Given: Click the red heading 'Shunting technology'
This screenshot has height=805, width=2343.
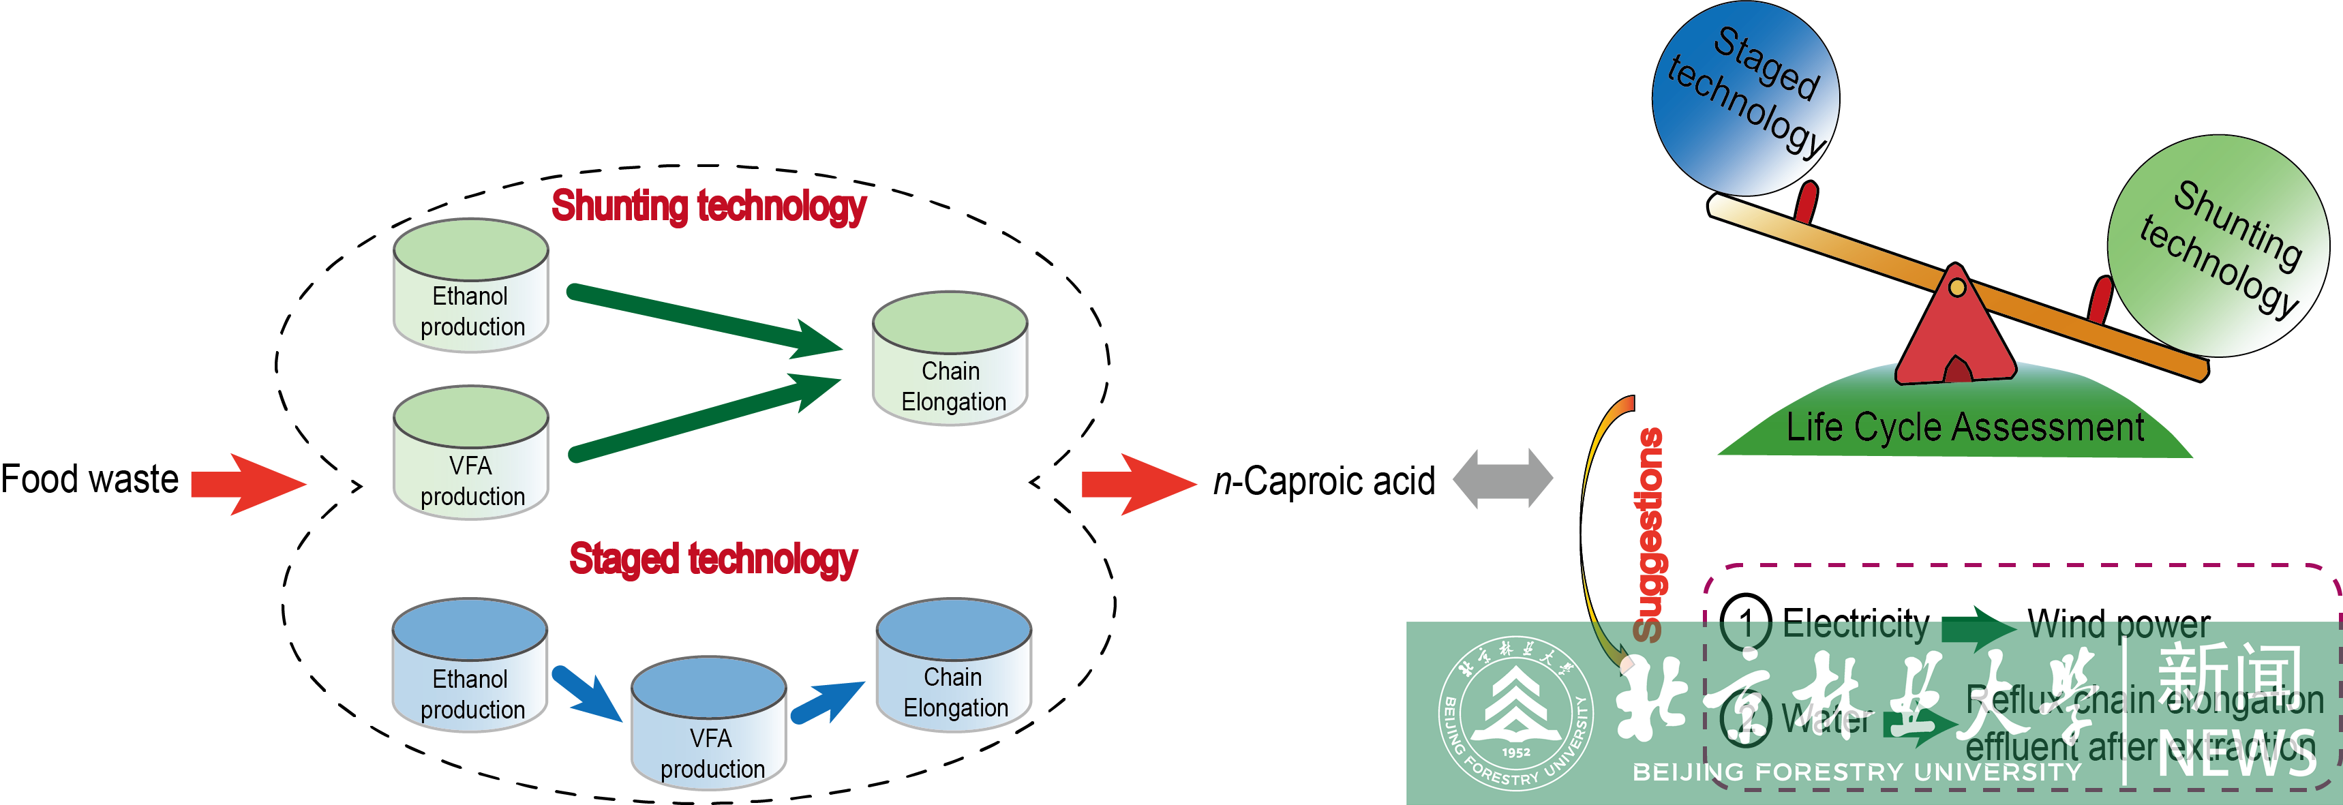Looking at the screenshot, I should tap(708, 206).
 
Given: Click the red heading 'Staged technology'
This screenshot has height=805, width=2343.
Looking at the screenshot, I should tap(713, 558).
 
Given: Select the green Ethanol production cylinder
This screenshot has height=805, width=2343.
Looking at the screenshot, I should tap(471, 286).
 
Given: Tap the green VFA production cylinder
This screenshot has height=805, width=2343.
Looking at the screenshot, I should tap(471, 454).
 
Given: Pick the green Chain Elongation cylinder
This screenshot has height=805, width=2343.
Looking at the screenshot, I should tap(950, 359).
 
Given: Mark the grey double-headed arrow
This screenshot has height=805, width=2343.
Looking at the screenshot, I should tap(1502, 479).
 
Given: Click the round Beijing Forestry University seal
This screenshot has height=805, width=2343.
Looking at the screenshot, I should tap(1515, 712).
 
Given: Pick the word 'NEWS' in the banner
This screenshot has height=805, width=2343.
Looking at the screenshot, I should tap(2237, 754).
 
